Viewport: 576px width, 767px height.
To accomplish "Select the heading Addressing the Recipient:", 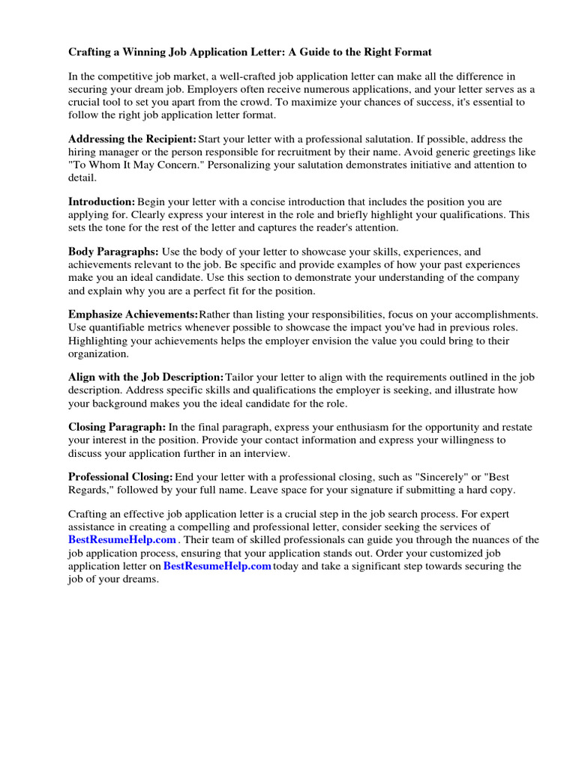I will coord(132,139).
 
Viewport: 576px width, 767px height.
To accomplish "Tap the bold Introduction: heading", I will coord(101,201).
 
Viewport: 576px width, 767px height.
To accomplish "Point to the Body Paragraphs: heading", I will coord(113,252).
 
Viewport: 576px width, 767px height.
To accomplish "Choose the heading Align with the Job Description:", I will coord(145,377).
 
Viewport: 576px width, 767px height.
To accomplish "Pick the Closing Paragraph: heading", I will coord(117,427).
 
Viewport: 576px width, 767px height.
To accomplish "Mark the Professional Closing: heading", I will coord(121,477).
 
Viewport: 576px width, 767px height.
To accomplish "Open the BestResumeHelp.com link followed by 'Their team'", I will coord(122,540).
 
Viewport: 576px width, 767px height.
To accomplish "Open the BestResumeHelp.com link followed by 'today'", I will coord(217,566).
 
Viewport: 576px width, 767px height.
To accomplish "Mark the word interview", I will coord(265,453).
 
